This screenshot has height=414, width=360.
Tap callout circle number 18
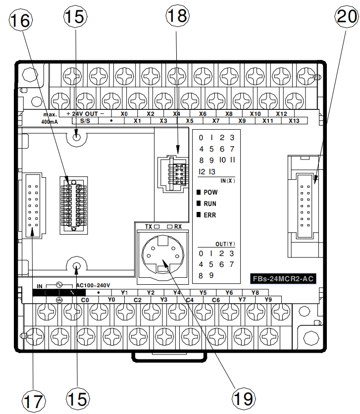[x=177, y=15]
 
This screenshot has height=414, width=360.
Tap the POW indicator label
[x=210, y=192]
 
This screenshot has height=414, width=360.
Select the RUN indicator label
[x=210, y=204]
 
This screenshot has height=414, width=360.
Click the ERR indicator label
[x=210, y=215]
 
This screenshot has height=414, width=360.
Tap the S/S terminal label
[x=85, y=121]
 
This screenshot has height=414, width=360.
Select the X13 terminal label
[x=294, y=121]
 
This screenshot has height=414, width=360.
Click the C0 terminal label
[x=85, y=300]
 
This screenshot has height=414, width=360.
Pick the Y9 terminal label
[x=268, y=300]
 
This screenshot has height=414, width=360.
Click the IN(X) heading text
[x=228, y=180]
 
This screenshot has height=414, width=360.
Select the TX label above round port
[x=148, y=226]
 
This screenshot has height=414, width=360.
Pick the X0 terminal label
[x=124, y=114]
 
